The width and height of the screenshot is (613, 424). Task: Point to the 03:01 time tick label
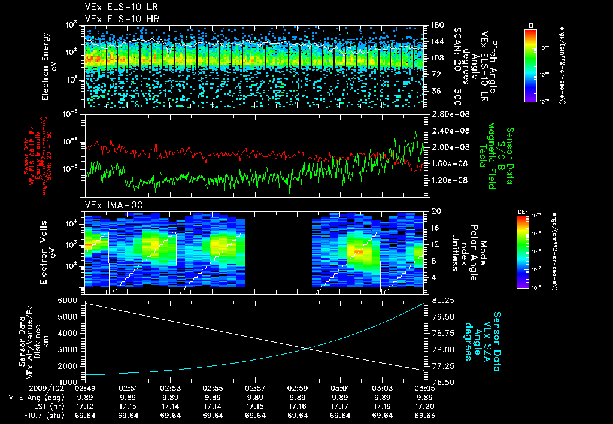[x=340, y=388]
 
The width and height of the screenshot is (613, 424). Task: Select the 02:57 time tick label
[x=255, y=388]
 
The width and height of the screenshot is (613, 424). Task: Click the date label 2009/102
[x=23, y=388]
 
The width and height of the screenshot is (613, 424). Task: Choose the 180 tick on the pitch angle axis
[x=436, y=25]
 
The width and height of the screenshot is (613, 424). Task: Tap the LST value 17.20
[x=424, y=405]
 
